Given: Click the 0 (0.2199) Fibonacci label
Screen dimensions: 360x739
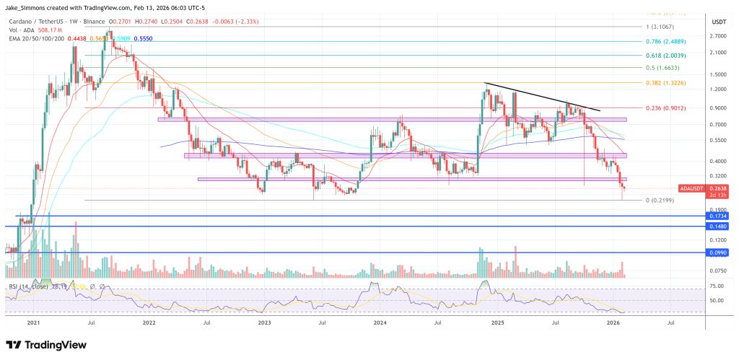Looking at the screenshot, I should (x=663, y=200).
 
